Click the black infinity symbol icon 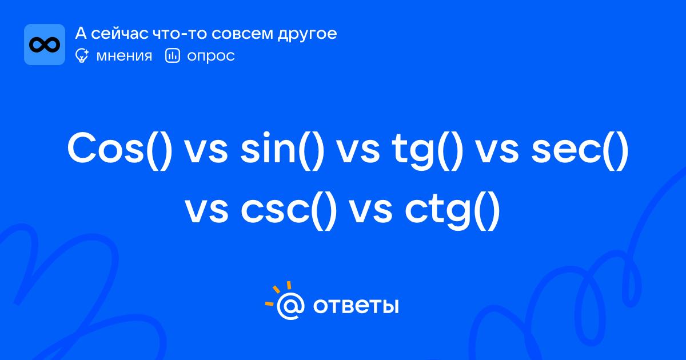(x=45, y=45)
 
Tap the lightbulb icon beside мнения (x=82, y=55)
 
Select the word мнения (x=124, y=56)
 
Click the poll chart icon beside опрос (x=173, y=55)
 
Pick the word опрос (x=211, y=57)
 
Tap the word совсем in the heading (x=242, y=34)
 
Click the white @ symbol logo (x=290, y=306)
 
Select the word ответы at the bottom (x=356, y=306)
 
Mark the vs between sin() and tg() (x=358, y=151)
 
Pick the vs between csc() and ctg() (x=371, y=211)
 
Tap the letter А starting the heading (x=81, y=33)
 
